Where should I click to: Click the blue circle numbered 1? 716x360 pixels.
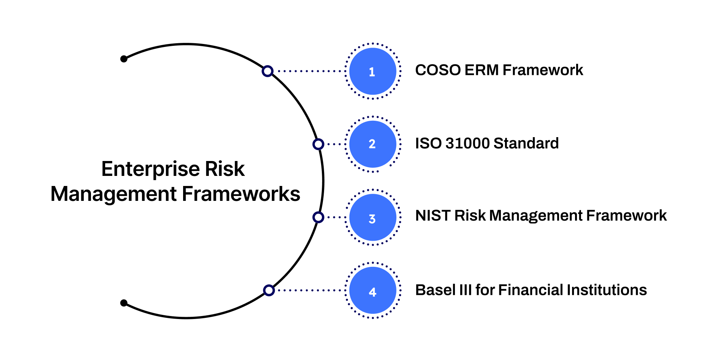(373, 71)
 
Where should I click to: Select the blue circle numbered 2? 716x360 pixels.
(373, 144)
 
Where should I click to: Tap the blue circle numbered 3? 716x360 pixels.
(373, 217)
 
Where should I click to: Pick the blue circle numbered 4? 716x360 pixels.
(373, 290)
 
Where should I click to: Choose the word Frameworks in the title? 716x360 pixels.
(241, 194)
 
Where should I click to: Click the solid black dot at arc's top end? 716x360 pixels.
(124, 59)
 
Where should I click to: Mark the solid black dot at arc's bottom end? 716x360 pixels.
(124, 303)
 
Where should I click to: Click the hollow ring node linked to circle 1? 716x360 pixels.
(267, 71)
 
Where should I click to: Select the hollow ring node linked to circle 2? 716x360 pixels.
(318, 144)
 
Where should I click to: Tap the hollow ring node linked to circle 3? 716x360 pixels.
(318, 217)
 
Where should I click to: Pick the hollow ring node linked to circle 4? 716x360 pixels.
(268, 290)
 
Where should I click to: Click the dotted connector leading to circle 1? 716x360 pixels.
(310, 71)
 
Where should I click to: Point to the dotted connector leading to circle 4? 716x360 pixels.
(310, 290)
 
